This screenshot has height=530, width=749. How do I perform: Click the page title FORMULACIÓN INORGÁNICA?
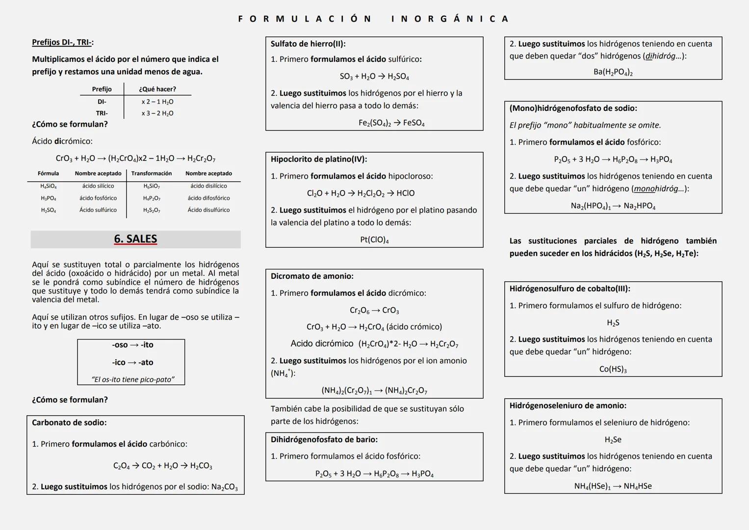[374, 19]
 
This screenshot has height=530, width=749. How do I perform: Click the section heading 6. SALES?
[135, 239]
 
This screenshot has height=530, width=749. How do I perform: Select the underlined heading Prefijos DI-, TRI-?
[62, 42]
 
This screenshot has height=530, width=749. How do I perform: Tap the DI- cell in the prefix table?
[102, 102]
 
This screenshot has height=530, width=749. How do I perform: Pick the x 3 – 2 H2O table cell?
[157, 113]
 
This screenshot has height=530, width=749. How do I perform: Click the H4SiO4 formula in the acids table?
[48, 186]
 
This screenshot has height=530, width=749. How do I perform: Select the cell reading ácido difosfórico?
[208, 198]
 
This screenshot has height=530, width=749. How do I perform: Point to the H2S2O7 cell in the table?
[152, 210]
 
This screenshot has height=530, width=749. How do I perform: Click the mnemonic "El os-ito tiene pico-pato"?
[132, 379]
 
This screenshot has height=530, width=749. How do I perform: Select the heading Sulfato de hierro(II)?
[308, 44]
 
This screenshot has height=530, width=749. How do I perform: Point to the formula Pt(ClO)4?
[374, 240]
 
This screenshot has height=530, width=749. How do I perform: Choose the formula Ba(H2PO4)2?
[613, 72]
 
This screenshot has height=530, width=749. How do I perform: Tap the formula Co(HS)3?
[613, 369]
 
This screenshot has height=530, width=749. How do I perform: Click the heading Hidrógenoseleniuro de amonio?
[568, 406]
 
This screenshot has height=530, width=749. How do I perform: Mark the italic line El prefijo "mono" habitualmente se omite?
[585, 125]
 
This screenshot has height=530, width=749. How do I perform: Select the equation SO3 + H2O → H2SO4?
[374, 77]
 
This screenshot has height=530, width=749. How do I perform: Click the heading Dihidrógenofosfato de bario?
[324, 440]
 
